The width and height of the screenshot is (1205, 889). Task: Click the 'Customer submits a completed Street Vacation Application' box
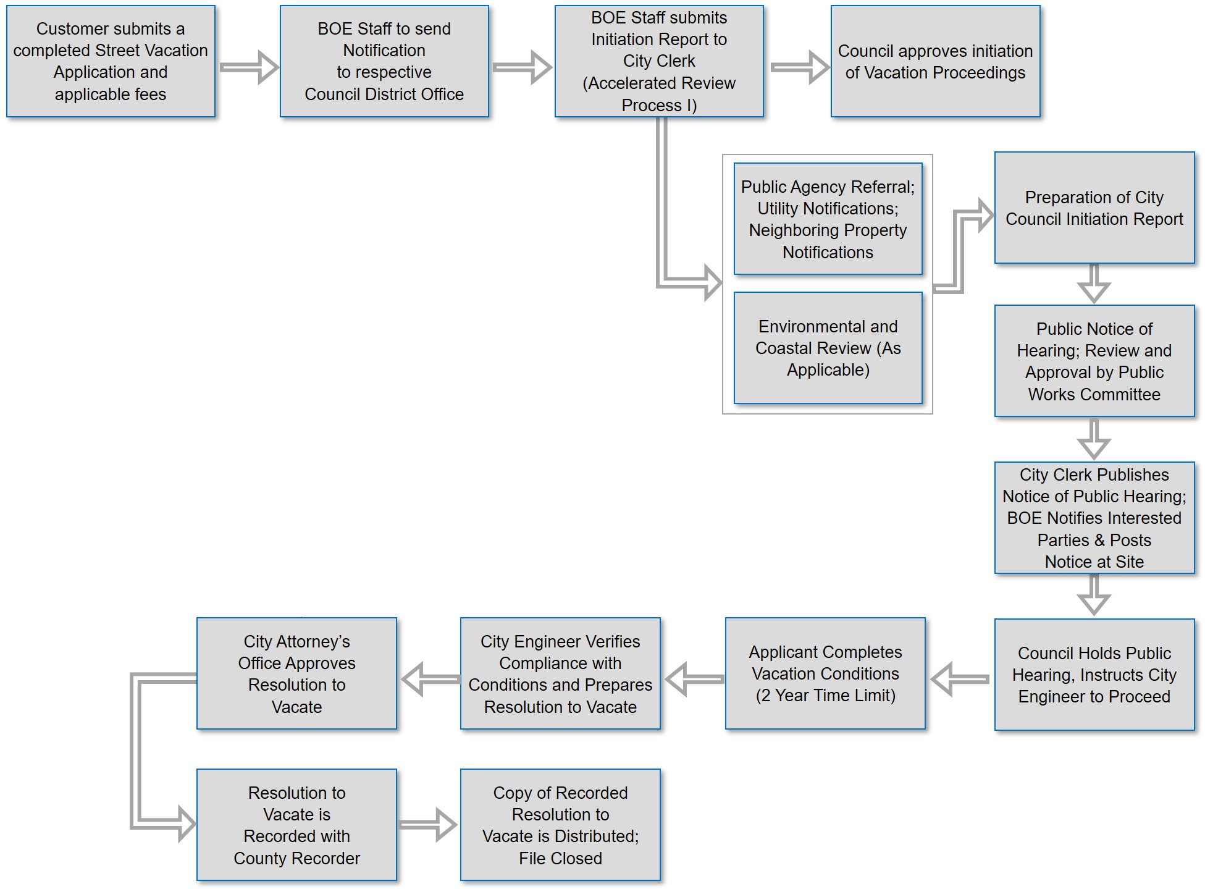click(111, 61)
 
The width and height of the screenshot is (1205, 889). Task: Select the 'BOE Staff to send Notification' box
click(384, 61)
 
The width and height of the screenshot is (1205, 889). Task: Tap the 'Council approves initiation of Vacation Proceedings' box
click(934, 61)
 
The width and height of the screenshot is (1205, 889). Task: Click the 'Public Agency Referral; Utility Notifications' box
click(828, 219)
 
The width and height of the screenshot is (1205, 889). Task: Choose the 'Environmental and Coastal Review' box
click(828, 348)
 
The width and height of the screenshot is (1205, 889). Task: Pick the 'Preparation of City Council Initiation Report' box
click(1094, 208)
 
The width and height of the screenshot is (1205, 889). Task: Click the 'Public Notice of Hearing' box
click(1094, 361)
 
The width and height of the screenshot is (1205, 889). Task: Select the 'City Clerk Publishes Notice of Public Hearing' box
click(1094, 518)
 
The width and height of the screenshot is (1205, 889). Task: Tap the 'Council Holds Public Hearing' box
click(1094, 674)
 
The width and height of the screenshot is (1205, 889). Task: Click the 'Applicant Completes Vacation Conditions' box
click(825, 673)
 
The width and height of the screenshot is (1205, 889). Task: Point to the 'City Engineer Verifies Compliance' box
click(560, 673)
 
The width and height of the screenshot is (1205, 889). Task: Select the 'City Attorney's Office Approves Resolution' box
click(296, 673)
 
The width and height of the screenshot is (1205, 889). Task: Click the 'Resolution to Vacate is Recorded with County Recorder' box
click(296, 825)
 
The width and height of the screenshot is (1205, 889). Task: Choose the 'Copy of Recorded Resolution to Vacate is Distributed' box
click(560, 825)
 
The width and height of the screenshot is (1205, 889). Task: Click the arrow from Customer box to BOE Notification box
click(248, 67)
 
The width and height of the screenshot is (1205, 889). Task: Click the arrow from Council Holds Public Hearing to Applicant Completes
click(960, 679)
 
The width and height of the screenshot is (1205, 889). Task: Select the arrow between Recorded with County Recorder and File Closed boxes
click(428, 825)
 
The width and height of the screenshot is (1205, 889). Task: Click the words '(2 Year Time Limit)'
click(825, 696)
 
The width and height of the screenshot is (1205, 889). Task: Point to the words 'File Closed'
click(560, 858)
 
